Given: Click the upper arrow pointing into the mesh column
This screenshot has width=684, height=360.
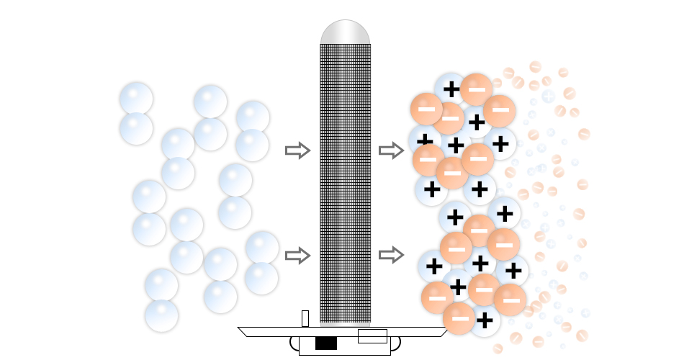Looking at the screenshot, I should point(297,150).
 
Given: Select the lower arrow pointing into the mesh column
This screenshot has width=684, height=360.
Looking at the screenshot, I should point(297,255).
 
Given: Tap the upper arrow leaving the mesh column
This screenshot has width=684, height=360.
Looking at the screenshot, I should point(391,150).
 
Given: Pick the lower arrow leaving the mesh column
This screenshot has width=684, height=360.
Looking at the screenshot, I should point(391,254).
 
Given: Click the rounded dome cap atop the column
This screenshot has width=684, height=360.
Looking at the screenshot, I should point(345,32).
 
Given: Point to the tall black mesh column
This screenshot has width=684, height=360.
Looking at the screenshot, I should point(345,180).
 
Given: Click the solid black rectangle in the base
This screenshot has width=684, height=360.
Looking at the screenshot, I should point(325,343).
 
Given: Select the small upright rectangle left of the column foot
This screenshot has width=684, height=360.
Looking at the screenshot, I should point(305,318).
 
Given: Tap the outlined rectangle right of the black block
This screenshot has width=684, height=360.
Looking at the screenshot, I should point(372,336).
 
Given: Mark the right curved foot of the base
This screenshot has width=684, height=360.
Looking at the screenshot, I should point(395,343).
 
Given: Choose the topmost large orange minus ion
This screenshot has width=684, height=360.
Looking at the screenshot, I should point(476,89).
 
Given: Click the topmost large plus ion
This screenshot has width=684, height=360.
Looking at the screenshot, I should point(451,89).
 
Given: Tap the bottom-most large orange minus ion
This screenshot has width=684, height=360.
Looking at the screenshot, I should point(459,318).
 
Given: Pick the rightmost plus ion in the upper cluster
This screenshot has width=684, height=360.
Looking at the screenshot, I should point(501,143).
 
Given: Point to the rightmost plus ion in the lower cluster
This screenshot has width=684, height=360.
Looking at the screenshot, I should point(513,271).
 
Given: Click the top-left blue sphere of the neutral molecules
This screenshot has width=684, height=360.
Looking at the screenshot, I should point(136,99).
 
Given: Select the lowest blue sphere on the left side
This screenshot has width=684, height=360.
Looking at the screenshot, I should point(161,315).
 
